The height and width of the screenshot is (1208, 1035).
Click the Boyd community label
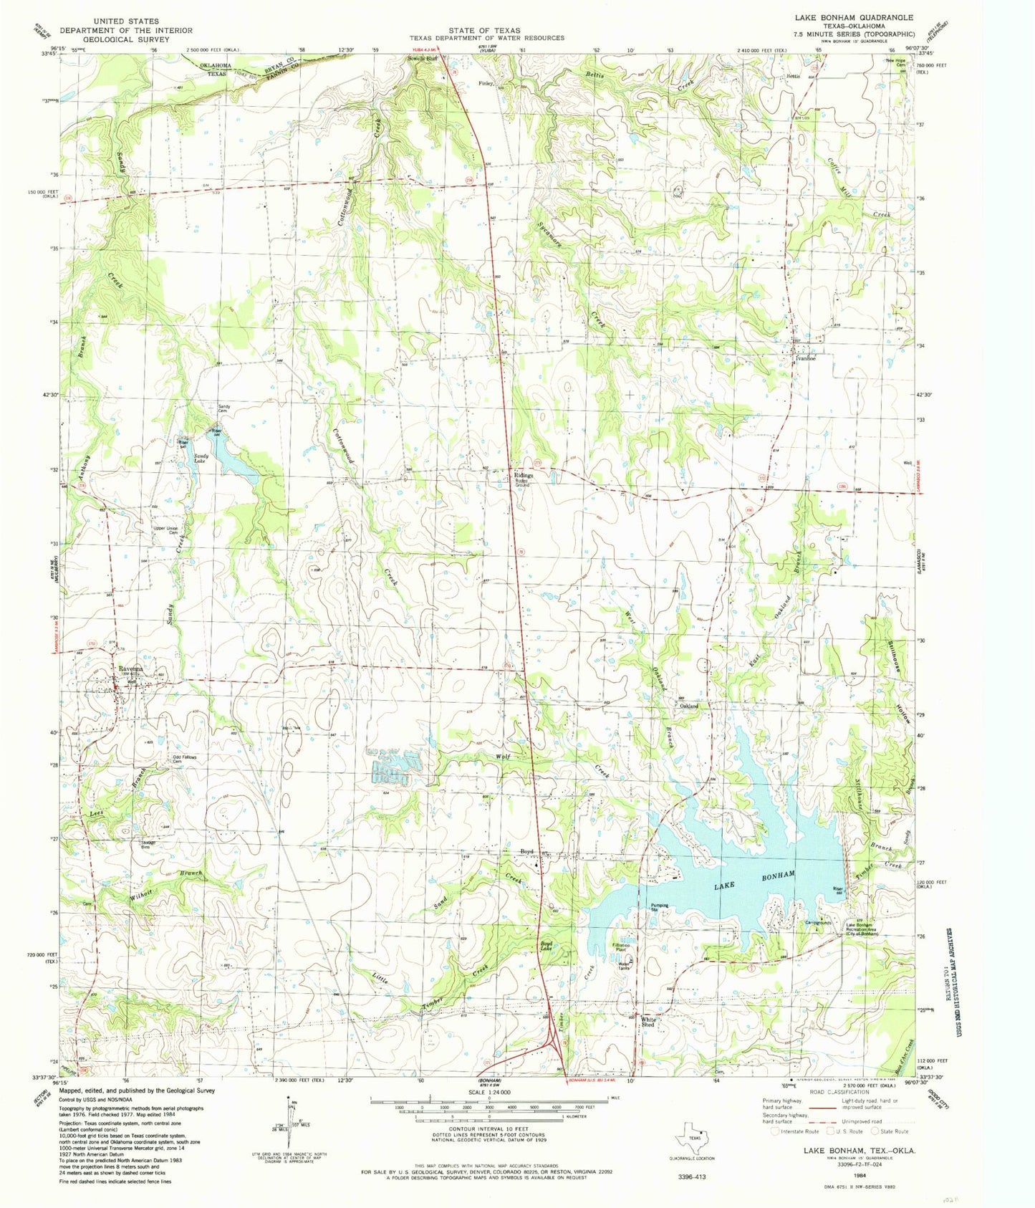526,851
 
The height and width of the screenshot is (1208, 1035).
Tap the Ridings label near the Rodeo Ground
522,474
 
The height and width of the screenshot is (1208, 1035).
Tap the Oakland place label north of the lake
688,706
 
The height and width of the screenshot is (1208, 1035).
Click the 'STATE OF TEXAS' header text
486,30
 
